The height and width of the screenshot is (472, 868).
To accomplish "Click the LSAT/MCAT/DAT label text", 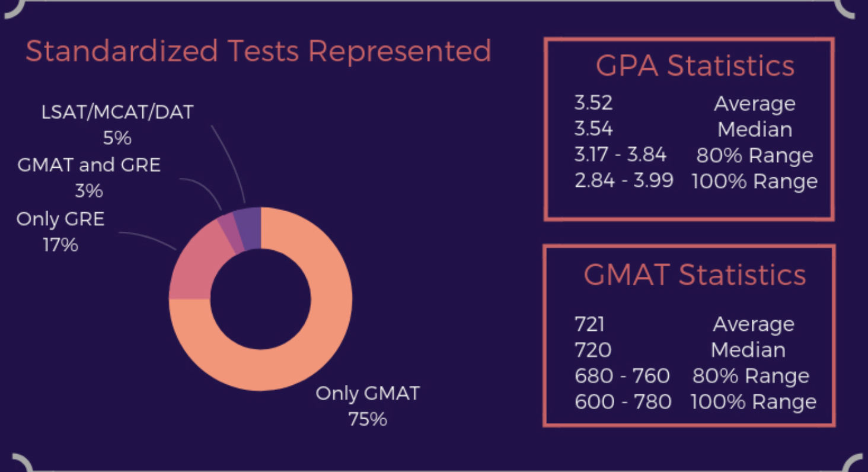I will point(117,112).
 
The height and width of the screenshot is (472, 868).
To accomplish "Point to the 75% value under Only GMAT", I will point(368,419).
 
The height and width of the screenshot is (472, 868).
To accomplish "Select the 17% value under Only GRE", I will point(60,244).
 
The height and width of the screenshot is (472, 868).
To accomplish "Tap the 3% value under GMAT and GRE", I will point(89,191).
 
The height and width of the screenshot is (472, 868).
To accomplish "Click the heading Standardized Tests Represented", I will point(259,51).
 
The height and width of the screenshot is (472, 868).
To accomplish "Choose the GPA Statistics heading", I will point(695,66).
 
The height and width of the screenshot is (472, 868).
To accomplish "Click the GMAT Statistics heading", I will point(695,275).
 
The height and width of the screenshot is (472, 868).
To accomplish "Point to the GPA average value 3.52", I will point(593,103).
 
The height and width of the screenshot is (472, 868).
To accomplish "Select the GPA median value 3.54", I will point(593,129).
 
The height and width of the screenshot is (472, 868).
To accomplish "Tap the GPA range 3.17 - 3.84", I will point(621,155).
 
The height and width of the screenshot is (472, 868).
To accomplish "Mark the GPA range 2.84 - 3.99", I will point(624,180).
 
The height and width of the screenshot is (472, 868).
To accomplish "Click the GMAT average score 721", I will point(589,324).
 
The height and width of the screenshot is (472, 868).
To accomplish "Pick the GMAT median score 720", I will point(593,350).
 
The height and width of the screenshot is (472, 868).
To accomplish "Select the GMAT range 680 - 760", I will point(622,376).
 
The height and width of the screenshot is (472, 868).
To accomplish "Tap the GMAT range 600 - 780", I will point(623,401).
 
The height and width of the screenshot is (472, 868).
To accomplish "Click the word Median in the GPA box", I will point(755,129).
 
